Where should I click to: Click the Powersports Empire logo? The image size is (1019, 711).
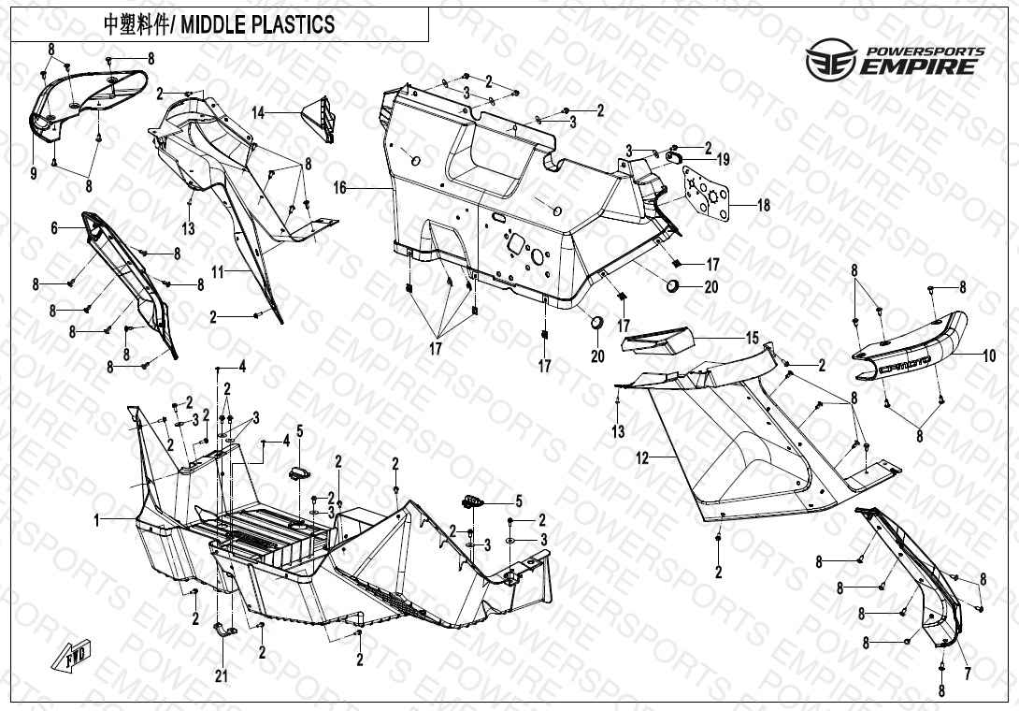pos(895,58)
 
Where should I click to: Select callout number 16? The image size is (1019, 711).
pos(339,188)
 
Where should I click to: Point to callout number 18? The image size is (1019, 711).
pos(764,205)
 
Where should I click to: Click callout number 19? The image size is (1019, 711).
pos(723,160)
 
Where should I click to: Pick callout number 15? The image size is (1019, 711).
pos(752,338)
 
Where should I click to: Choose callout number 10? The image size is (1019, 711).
pos(988,355)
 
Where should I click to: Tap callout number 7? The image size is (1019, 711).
pos(967,674)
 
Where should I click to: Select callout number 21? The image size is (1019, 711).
pos(221,675)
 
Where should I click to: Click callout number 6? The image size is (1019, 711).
pos(54,227)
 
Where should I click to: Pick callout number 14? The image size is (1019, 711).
pos(258,112)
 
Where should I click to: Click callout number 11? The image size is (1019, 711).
pos(217,271)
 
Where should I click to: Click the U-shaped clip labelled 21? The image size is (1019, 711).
pos(224,630)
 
